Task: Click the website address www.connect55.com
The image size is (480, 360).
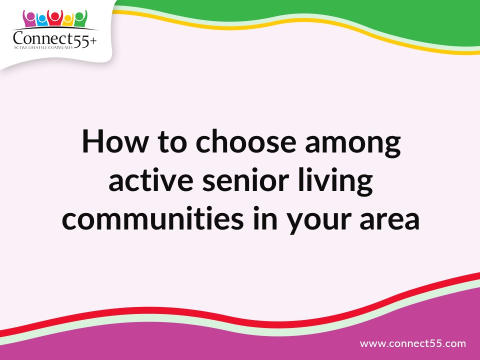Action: point(412,343)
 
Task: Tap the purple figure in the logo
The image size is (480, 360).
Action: point(30,19)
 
